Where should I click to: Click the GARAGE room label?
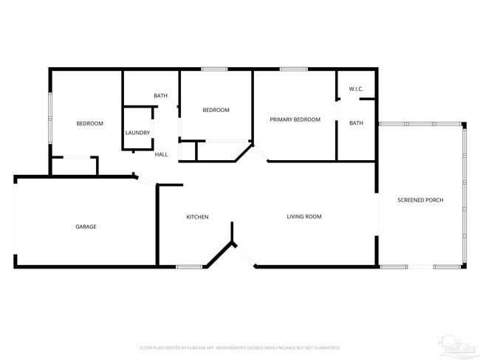[86, 226]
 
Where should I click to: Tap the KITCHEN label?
[197, 217]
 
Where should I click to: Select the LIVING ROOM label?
[304, 216]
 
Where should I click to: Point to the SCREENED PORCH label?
[420, 200]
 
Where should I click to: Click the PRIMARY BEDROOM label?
[295, 119]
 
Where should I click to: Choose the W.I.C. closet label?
[356, 89]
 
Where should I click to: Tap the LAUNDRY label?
[138, 133]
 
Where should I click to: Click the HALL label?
[161, 154]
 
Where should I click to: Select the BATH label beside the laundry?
[160, 96]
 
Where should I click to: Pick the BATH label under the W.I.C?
[356, 123]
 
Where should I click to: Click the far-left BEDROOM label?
[90, 123]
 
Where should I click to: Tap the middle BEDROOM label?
[216, 110]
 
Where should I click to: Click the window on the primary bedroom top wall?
[293, 69]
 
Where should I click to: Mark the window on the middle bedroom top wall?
[214, 69]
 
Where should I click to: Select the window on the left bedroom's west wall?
[50, 118]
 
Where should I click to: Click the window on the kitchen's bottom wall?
[188, 266]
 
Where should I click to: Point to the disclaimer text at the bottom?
[240, 347]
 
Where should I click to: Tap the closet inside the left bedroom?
[74, 166]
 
